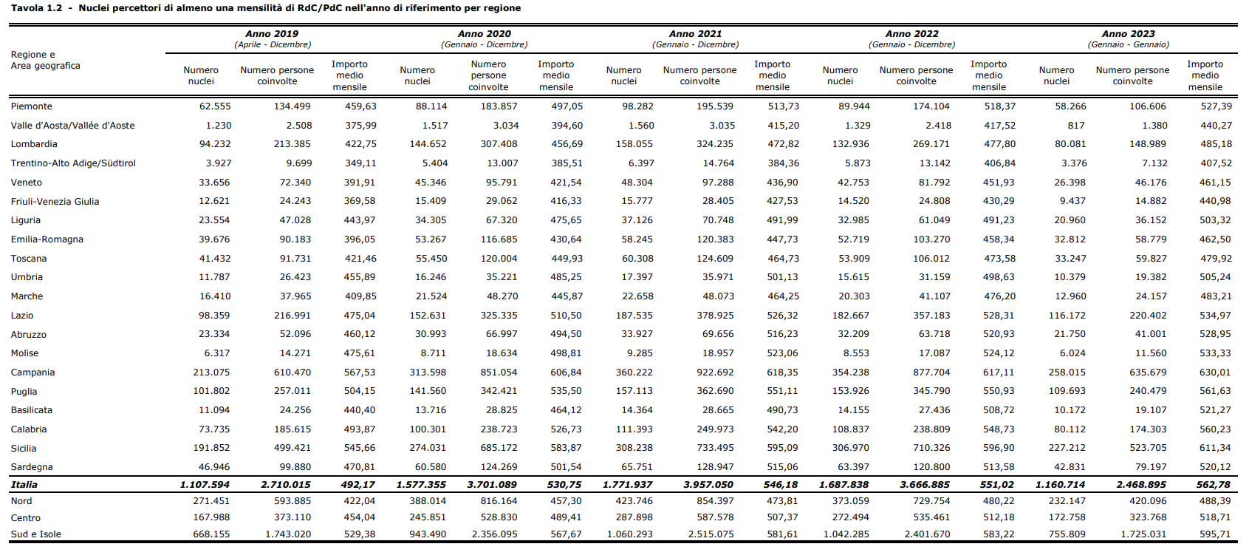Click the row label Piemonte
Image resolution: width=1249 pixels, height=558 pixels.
(x=31, y=106)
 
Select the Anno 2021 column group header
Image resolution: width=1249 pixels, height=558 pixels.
(x=695, y=34)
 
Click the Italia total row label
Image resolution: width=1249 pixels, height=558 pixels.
(x=24, y=485)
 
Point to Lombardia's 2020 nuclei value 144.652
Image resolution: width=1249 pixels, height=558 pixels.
(x=427, y=144)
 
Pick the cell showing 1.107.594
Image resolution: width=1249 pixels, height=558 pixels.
(x=205, y=485)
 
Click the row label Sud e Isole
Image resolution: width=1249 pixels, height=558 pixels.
(x=35, y=534)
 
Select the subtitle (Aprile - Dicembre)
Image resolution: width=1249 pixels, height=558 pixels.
(x=273, y=44)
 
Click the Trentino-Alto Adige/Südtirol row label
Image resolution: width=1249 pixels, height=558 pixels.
(x=73, y=163)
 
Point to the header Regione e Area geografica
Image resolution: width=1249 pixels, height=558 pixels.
(x=45, y=61)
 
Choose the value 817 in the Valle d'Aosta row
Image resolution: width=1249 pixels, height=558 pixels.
(x=1076, y=126)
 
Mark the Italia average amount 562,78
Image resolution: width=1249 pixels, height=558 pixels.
(x=1214, y=485)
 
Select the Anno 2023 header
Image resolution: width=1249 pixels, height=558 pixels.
(x=1128, y=34)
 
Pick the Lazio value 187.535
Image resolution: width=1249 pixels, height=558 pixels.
(x=634, y=316)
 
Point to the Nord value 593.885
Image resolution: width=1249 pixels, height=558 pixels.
(x=292, y=501)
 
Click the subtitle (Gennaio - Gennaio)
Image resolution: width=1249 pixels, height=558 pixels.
(x=1129, y=44)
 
